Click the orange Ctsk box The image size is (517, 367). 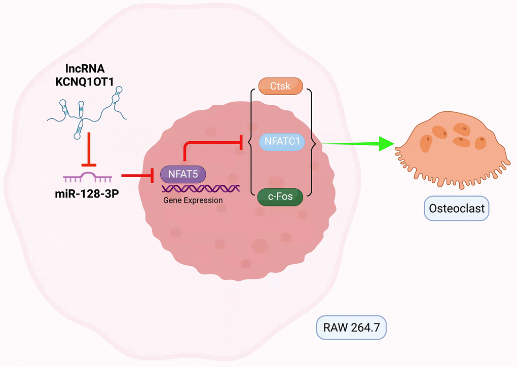tap(280, 86)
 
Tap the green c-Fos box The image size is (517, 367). tap(280, 196)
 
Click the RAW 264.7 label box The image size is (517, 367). tap(351, 328)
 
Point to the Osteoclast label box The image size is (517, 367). tap(456, 209)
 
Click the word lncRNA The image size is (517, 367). tap(90, 69)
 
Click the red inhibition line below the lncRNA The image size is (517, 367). tap(90, 150)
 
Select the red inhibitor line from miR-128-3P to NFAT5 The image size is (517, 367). tap(137, 176)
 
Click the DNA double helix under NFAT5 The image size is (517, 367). tap(201, 189)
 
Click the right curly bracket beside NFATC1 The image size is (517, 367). tap(313, 142)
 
